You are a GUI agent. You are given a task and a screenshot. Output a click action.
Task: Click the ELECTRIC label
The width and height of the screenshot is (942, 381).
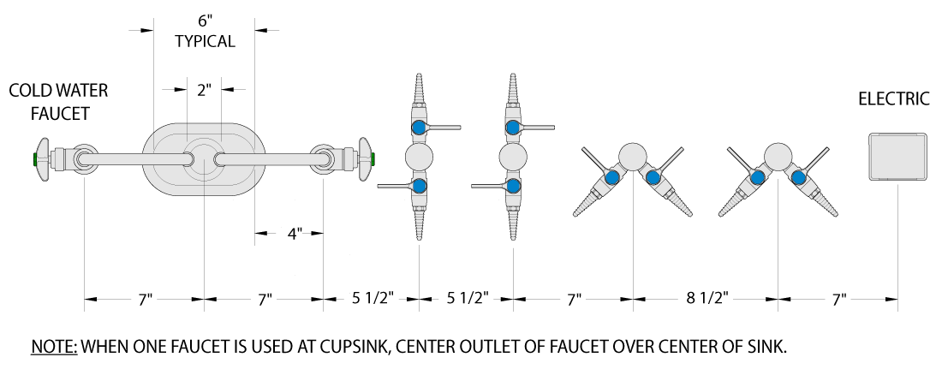pyautogui.click(x=893, y=98)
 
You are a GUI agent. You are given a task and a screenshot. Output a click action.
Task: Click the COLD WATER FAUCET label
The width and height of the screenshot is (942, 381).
pyautogui.click(x=59, y=102)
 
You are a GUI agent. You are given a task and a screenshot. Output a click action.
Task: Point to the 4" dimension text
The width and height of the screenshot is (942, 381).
pyautogui.click(x=293, y=234)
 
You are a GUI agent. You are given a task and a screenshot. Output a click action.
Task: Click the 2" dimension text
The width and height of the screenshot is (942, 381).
pyautogui.click(x=205, y=90)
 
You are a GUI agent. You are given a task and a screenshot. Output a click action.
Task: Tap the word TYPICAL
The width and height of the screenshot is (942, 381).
pyautogui.click(x=205, y=41)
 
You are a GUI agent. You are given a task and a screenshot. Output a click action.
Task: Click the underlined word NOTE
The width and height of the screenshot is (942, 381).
pyautogui.click(x=54, y=347)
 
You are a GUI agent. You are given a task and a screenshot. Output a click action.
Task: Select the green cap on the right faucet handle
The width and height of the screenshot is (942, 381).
pyautogui.click(x=373, y=159)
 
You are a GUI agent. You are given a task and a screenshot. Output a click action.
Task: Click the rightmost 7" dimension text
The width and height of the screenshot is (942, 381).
pyautogui.click(x=839, y=297)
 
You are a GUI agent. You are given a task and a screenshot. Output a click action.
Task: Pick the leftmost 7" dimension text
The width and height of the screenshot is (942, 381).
pyautogui.click(x=144, y=297)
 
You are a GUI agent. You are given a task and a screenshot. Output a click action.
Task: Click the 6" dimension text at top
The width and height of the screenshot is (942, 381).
pyautogui.click(x=206, y=21)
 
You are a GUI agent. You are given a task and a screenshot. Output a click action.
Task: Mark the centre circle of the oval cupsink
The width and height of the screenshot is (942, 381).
pyautogui.click(x=205, y=159)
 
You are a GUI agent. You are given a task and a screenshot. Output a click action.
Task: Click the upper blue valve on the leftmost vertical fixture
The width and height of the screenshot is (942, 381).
pyautogui.click(x=419, y=128)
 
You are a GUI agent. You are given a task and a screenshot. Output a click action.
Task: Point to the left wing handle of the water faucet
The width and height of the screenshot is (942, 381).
pyautogui.click(x=43, y=159)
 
